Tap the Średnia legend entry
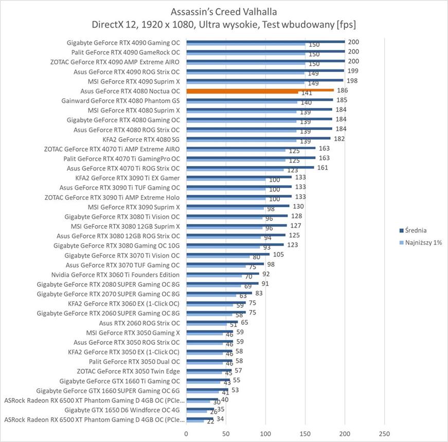(x=416, y=230)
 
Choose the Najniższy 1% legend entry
(x=420, y=243)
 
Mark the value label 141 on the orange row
(x=307, y=93)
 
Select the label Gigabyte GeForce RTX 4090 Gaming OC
(x=123, y=43)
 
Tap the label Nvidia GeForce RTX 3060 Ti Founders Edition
(x=116, y=274)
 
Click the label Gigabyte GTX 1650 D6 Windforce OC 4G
(x=122, y=410)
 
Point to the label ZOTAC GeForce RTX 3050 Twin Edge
(x=128, y=371)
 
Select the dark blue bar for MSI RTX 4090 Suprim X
(x=264, y=80)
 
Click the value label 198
(x=352, y=81)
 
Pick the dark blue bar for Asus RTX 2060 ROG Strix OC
(x=212, y=322)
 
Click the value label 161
(x=322, y=168)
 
